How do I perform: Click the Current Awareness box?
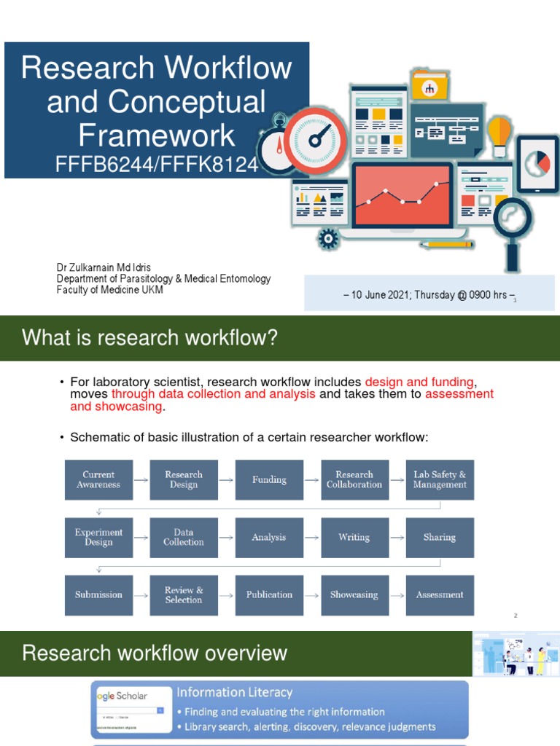click(98, 479)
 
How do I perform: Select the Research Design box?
click(184, 479)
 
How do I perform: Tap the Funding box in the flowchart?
click(269, 479)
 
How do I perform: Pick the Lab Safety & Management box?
click(440, 479)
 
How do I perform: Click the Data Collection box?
click(184, 538)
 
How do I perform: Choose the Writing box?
click(354, 538)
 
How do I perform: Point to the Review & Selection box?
click(184, 595)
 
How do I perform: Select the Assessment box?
click(440, 595)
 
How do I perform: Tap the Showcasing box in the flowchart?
click(354, 595)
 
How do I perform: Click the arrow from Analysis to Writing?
click(311, 538)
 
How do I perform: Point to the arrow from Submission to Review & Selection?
click(141, 595)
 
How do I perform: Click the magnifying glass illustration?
click(513, 222)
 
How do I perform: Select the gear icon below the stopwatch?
click(329, 237)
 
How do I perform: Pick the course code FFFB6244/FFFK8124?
click(157, 165)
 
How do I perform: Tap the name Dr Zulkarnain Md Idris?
click(104, 267)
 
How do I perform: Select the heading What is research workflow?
click(150, 338)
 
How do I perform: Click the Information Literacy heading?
click(235, 693)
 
